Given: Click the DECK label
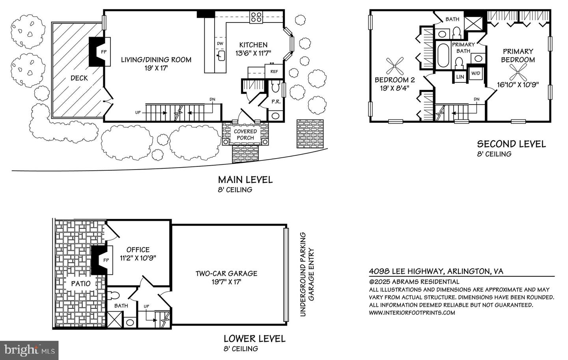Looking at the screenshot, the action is (x=79, y=78).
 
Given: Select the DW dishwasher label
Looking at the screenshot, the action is (x=220, y=43).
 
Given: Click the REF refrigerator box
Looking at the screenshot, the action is (x=274, y=71).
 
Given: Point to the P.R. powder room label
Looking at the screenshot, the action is (x=276, y=102).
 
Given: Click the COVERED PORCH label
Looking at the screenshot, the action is (x=245, y=134).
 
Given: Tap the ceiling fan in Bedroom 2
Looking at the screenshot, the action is (x=394, y=66).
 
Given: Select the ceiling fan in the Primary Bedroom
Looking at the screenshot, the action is (x=518, y=72).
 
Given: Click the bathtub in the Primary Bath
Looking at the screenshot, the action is (x=443, y=56).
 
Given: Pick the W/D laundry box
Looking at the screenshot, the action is (x=476, y=73).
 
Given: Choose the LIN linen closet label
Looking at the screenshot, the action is (x=460, y=77).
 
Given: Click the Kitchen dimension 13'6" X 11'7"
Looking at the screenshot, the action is (x=253, y=53).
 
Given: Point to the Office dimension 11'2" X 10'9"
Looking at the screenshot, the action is (x=138, y=258).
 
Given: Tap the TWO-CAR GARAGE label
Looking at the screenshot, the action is (x=226, y=274).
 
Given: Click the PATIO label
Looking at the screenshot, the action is (x=80, y=284).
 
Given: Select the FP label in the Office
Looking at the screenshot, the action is (x=106, y=260).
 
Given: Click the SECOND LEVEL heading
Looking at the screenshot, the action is (x=512, y=144).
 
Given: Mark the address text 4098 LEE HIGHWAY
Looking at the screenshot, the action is (x=406, y=271).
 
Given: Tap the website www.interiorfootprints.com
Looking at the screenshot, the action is (x=412, y=313).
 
